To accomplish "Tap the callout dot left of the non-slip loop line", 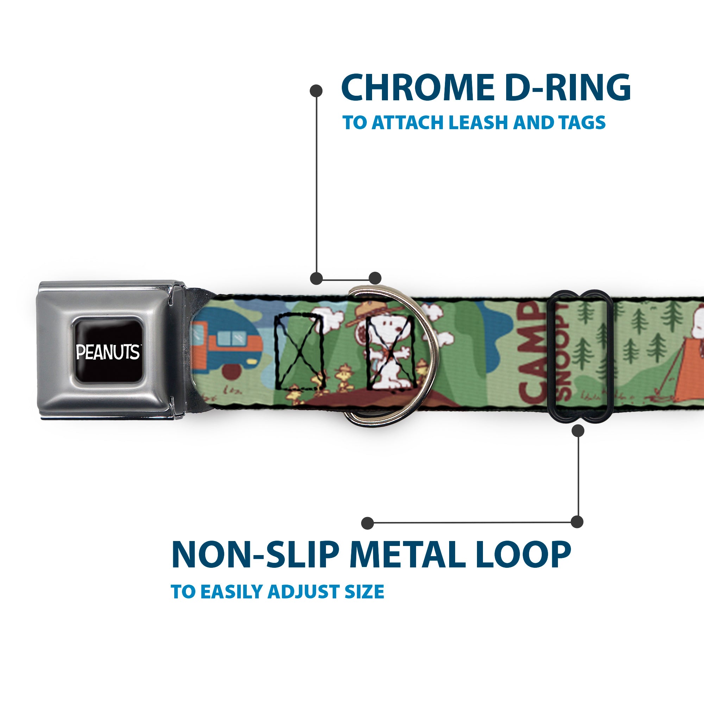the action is click(x=368, y=523).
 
